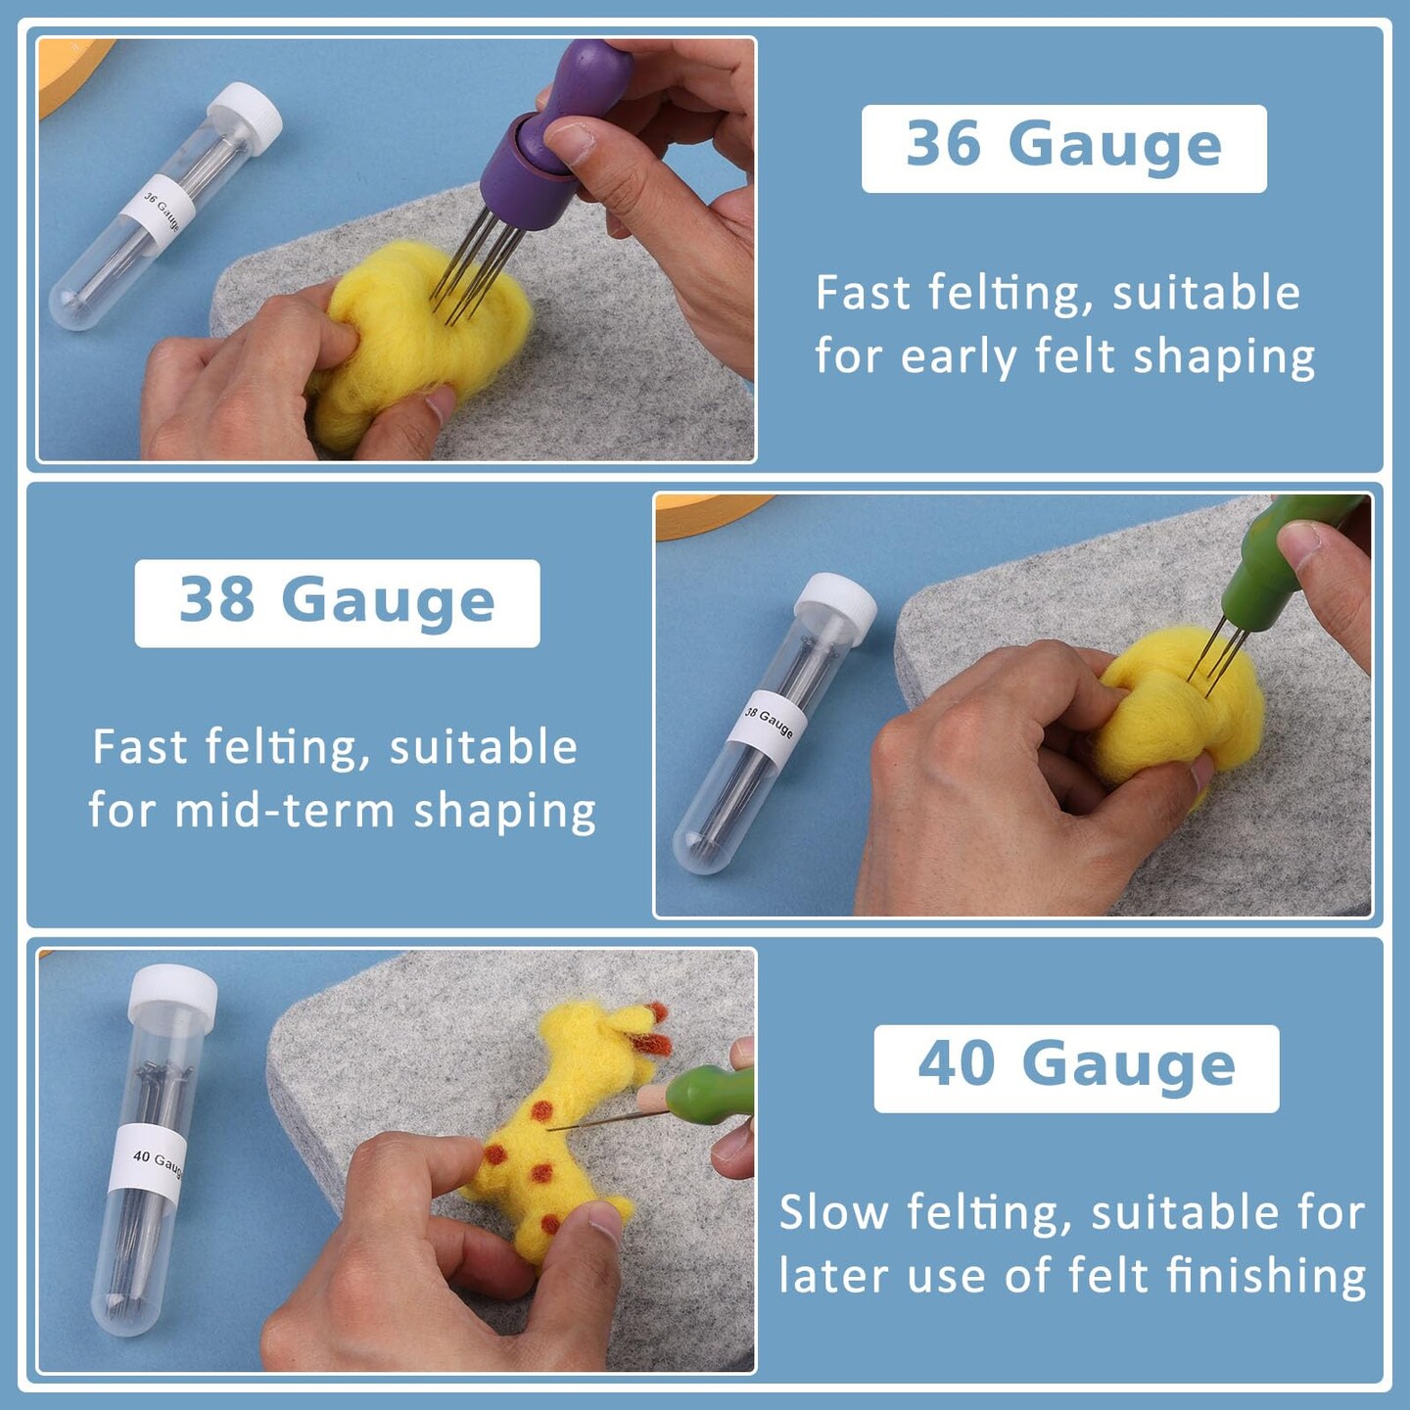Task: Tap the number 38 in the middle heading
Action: point(216,599)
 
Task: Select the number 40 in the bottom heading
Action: point(957,1064)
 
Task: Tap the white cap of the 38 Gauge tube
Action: point(835,598)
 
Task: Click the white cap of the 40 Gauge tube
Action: point(172,995)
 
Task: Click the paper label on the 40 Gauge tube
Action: point(147,1164)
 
